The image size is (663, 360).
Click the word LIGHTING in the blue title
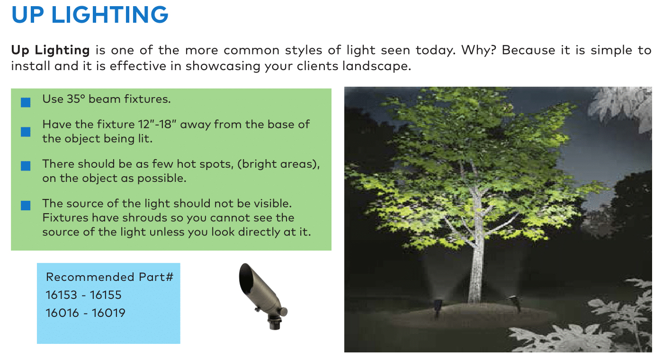tap(110, 15)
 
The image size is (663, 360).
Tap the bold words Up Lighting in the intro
tap(50, 50)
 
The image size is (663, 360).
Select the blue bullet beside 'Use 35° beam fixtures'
tap(26, 102)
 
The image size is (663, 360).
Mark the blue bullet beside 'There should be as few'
tap(26, 166)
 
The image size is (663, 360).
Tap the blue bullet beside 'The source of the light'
tap(26, 205)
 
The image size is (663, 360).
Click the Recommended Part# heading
tap(109, 277)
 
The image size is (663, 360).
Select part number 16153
tap(61, 295)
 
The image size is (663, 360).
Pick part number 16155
tap(106, 295)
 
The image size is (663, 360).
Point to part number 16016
tap(62, 313)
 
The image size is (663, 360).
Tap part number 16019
tap(108, 313)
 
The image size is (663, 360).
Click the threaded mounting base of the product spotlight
tap(274, 323)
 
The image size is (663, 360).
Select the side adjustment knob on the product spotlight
tap(283, 312)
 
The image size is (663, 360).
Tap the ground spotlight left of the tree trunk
tap(437, 308)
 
